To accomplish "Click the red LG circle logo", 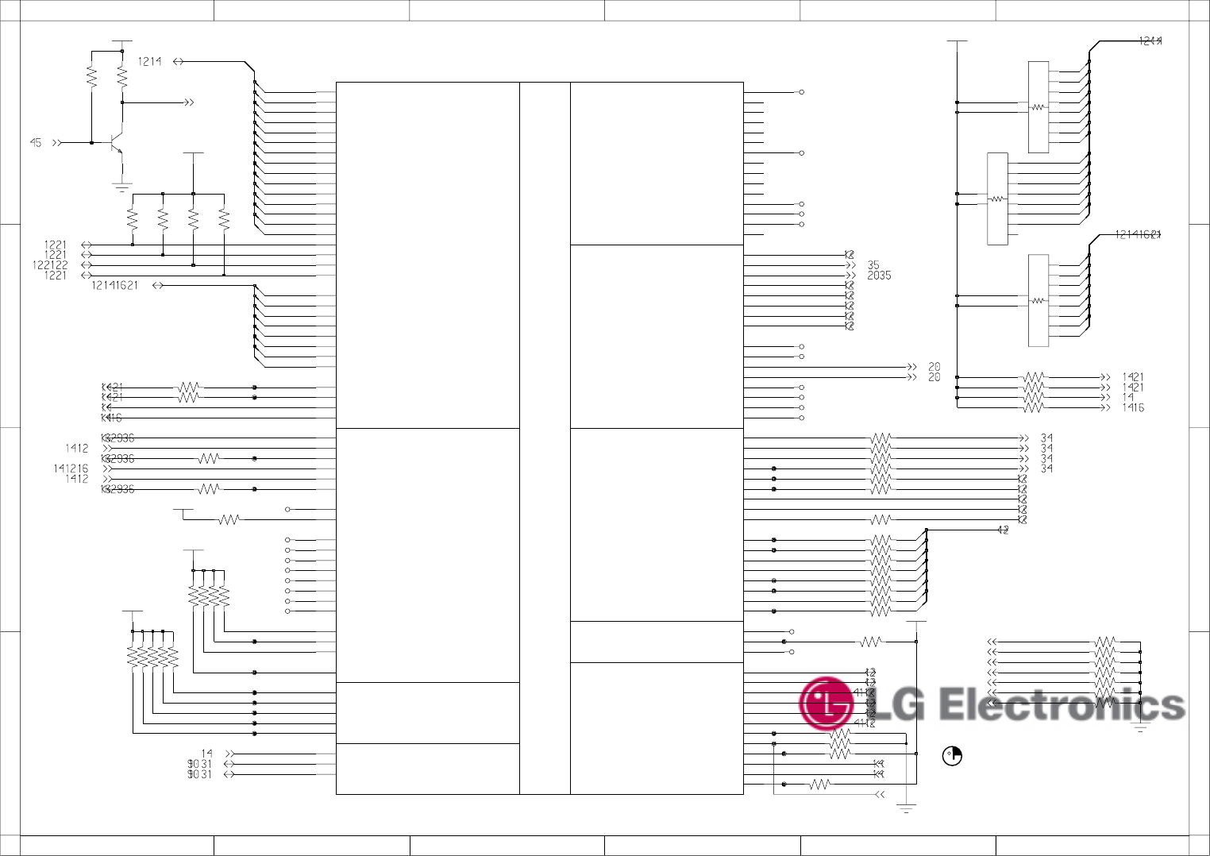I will tap(827, 704).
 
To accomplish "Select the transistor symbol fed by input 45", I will tap(118, 145).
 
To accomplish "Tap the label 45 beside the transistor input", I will tap(36, 143).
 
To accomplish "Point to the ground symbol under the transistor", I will tap(121, 187).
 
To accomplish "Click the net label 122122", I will tap(50, 265).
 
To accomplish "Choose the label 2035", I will tap(879, 276).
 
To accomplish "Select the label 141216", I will tap(71, 468).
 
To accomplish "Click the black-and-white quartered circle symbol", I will tap(952, 757).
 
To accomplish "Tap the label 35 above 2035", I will tap(873, 265).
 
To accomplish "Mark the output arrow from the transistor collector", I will tap(188, 102).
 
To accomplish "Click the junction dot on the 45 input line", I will tap(91, 143).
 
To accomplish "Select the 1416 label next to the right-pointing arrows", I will tap(1133, 408).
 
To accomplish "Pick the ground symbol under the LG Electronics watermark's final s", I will tap(1140, 727).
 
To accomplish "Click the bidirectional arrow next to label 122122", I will tap(87, 265).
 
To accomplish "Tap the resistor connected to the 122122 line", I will tap(193, 218).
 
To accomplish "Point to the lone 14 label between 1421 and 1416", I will tap(1127, 398).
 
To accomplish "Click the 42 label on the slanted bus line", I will tap(1003, 530).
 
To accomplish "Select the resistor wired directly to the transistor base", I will tap(91, 76).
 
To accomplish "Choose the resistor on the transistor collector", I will tap(122, 76).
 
